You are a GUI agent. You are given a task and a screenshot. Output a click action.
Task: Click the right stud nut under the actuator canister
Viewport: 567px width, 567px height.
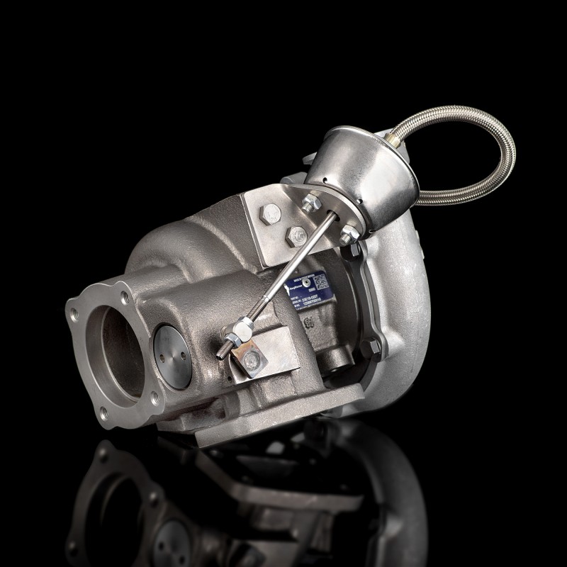click(347, 237)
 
